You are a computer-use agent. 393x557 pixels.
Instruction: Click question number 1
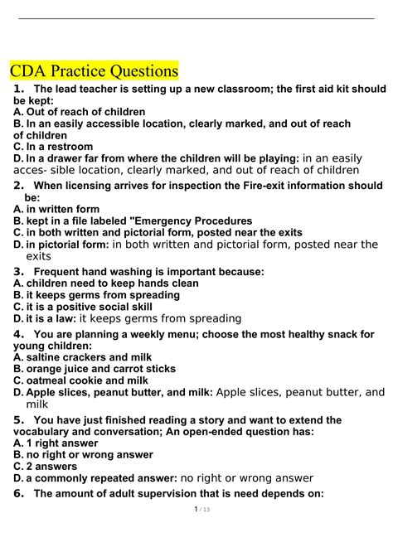[x=19, y=89]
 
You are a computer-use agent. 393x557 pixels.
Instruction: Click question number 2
[x=18, y=186]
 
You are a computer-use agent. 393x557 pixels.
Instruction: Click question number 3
[x=18, y=270]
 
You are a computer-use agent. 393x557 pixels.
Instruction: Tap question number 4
[x=18, y=333]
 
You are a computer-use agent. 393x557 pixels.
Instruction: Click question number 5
[x=18, y=419]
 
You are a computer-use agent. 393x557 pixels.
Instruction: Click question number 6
[x=18, y=494]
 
